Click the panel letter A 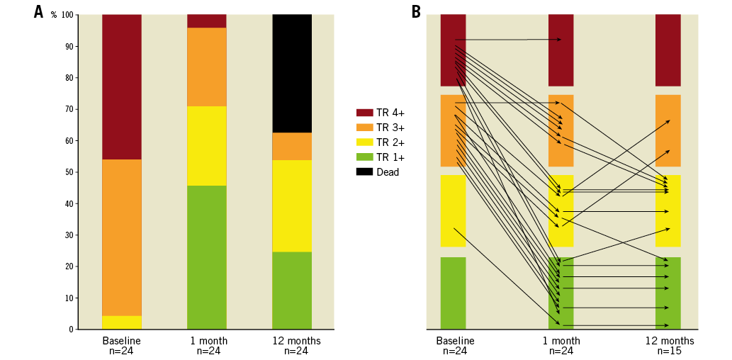click(x=38, y=12)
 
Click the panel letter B click(x=416, y=12)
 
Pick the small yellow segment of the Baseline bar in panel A click(x=122, y=322)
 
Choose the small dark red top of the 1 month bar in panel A click(x=207, y=21)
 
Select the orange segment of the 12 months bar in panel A click(x=292, y=147)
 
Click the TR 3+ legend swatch click(x=364, y=128)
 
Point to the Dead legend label click(x=388, y=172)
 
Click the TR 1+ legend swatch click(x=364, y=157)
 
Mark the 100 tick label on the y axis click(x=67, y=15)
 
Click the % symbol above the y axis click(x=54, y=15)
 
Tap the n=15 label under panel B click(x=669, y=351)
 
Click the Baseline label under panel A click(x=122, y=341)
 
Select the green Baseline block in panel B click(x=453, y=293)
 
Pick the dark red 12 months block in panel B click(x=668, y=50)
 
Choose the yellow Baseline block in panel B click(x=453, y=210)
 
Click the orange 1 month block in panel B click(x=561, y=130)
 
